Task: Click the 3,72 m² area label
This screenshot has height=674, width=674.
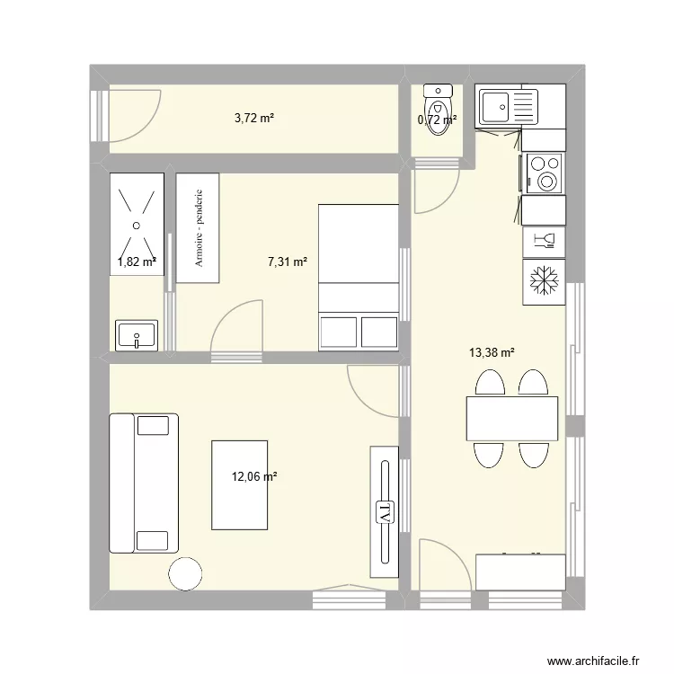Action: (x=254, y=119)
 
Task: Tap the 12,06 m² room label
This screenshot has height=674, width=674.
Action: (x=254, y=477)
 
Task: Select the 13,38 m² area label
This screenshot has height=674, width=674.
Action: (x=492, y=353)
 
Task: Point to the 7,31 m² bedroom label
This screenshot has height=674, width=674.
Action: (x=288, y=262)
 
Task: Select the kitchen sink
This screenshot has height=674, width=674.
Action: (x=508, y=107)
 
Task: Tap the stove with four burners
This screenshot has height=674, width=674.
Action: (x=545, y=173)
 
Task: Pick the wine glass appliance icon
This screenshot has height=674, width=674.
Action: (x=545, y=240)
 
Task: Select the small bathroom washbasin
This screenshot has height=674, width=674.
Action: (x=137, y=335)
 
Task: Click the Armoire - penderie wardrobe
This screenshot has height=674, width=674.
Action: (x=198, y=228)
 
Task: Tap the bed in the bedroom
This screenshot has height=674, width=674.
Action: (x=359, y=277)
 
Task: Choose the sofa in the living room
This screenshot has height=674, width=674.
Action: (x=143, y=483)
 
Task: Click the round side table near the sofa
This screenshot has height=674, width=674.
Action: (x=187, y=573)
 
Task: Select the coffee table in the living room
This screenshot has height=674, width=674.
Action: (x=239, y=484)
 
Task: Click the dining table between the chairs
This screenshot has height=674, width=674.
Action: (x=512, y=418)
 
